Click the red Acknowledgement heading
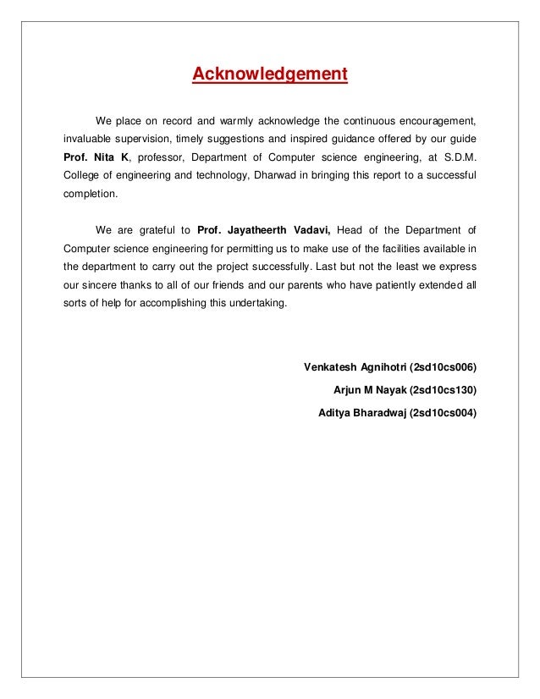tap(270, 74)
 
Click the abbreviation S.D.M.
tap(456, 157)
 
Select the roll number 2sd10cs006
tap(443, 367)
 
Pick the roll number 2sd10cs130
tap(443, 390)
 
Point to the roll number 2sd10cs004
tap(443, 414)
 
